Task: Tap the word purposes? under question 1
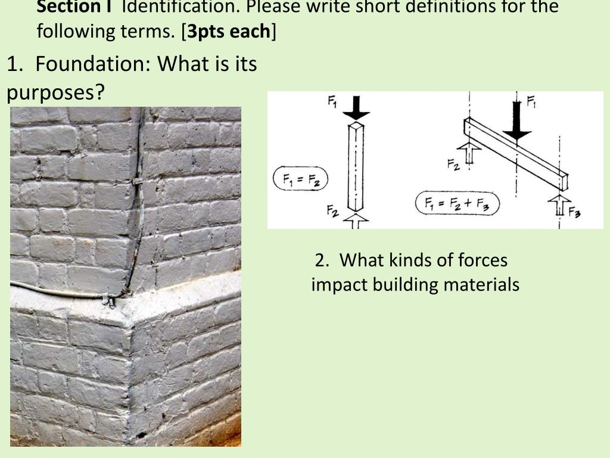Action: click(55, 92)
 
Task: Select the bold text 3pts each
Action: click(229, 31)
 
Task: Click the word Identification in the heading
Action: click(181, 6)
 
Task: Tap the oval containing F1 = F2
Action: click(300, 179)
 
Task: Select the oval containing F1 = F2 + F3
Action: click(457, 203)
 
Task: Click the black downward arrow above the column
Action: click(356, 108)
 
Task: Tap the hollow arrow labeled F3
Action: click(559, 205)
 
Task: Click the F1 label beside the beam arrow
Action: click(531, 102)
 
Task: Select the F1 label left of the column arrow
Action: click(332, 102)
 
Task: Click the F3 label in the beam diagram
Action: click(575, 213)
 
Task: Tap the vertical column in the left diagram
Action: click(355, 167)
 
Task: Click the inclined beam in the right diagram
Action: click(516, 154)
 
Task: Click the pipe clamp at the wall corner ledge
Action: click(110, 301)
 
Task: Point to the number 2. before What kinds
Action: click(322, 260)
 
